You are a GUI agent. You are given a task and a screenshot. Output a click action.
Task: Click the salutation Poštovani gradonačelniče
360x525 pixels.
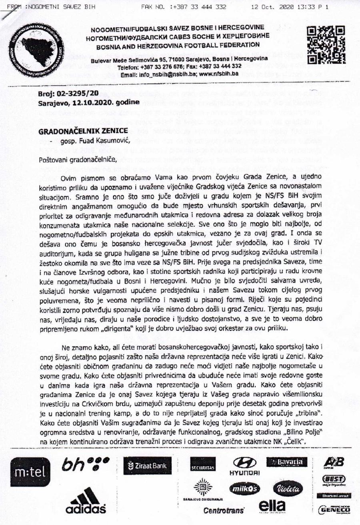(77, 160)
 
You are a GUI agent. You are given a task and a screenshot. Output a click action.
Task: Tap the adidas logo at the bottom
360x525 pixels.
(86, 501)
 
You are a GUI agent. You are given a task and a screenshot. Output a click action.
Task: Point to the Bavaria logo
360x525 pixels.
(287, 463)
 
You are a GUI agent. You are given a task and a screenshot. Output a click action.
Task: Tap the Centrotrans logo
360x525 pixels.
(224, 511)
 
